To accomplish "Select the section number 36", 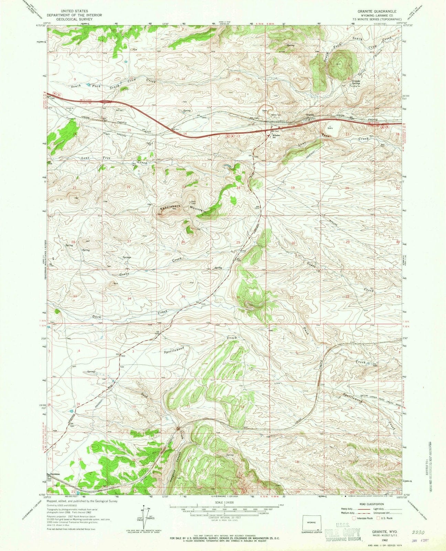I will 238,297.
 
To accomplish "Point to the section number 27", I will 129,242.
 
